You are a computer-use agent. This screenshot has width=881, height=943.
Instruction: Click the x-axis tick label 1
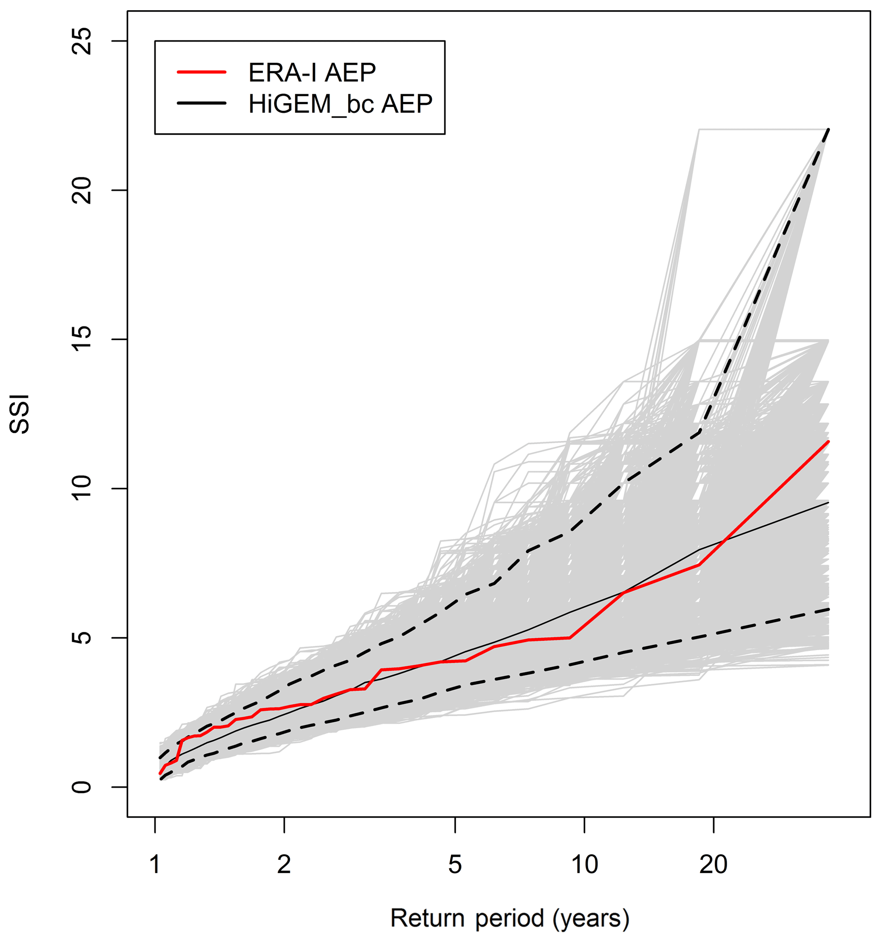pyautogui.click(x=155, y=865)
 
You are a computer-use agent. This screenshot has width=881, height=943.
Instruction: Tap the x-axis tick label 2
pyautogui.click(x=283, y=865)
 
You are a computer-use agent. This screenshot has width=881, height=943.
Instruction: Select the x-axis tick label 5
pyautogui.click(x=455, y=865)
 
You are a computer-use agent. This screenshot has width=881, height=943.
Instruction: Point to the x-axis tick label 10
pyautogui.click(x=584, y=865)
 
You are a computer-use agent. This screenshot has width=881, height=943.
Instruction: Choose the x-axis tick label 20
pyautogui.click(x=713, y=865)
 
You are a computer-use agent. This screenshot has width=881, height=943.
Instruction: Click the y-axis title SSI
pyautogui.click(x=20, y=414)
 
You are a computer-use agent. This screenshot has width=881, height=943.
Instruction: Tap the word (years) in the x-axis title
pyautogui.click(x=591, y=918)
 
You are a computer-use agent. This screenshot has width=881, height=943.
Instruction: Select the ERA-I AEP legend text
pyautogui.click(x=312, y=72)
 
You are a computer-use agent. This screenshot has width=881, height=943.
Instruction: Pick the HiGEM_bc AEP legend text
pyautogui.click(x=340, y=104)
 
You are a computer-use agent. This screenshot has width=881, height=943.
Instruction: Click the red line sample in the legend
pyautogui.click(x=202, y=72)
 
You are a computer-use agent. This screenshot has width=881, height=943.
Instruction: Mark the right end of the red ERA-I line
pyautogui.click(x=828, y=441)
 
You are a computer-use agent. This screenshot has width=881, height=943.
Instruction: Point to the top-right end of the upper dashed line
pyautogui.click(x=828, y=129)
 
